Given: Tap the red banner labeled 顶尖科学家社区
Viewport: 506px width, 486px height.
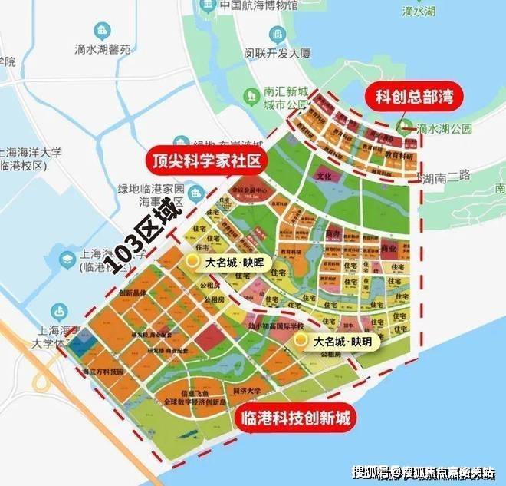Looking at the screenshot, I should pyautogui.click(x=206, y=160).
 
